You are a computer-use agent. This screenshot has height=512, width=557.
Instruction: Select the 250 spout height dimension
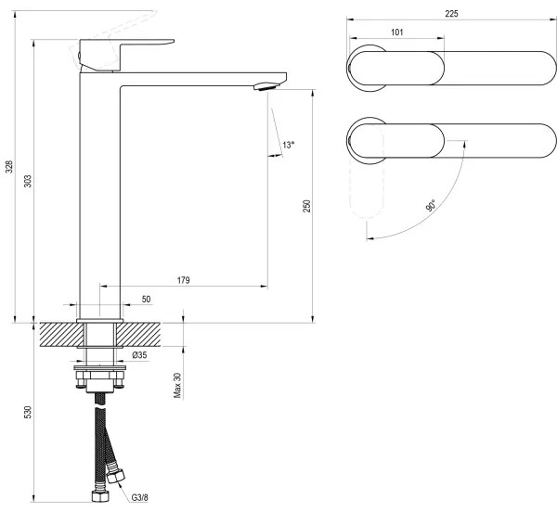307,206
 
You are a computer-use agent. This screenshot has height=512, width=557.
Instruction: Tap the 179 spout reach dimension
184,280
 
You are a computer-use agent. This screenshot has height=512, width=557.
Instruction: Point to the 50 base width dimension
146,300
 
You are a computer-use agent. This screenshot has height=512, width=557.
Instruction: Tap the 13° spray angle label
288,145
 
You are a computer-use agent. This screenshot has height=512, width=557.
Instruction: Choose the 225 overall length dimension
452,13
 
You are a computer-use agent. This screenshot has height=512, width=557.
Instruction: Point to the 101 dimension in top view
396,32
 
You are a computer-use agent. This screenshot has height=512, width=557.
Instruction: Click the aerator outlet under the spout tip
264,86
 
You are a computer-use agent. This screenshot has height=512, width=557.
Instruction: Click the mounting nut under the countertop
100,376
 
